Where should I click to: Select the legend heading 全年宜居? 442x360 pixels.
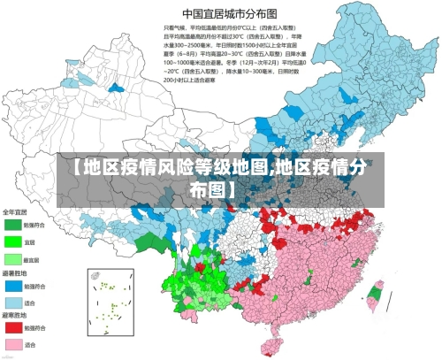(15, 212)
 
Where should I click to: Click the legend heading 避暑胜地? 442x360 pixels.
(15, 275)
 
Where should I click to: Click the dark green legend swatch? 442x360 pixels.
(13, 225)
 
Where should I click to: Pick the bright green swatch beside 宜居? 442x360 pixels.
(13, 241)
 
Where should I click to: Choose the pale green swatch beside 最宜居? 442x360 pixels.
(13, 259)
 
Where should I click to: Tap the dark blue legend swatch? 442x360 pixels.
(13, 287)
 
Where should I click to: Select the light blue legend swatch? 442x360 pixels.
(13, 303)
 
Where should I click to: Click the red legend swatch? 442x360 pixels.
(13, 328)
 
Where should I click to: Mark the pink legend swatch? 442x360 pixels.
(13, 344)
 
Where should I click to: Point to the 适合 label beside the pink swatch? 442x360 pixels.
(30, 344)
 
